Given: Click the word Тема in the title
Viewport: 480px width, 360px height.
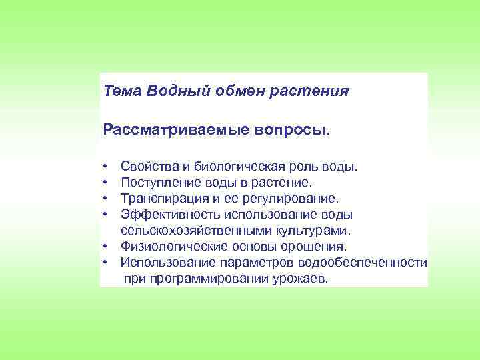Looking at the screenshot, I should click(120, 91).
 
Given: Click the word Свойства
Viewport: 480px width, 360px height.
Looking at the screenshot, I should click(147, 165).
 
